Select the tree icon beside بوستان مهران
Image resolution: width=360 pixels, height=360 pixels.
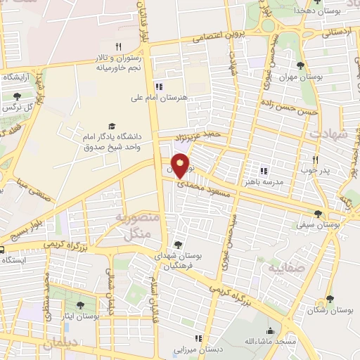click(x=301, y=65)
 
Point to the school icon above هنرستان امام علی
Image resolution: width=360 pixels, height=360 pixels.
click(x=160, y=86)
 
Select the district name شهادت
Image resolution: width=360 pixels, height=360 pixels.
click(x=330, y=134)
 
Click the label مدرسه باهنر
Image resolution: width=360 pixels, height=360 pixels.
click(x=263, y=181)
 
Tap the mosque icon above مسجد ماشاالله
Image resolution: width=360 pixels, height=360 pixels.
click(x=270, y=330)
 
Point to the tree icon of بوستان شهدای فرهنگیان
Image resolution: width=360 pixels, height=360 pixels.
click(x=179, y=245)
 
